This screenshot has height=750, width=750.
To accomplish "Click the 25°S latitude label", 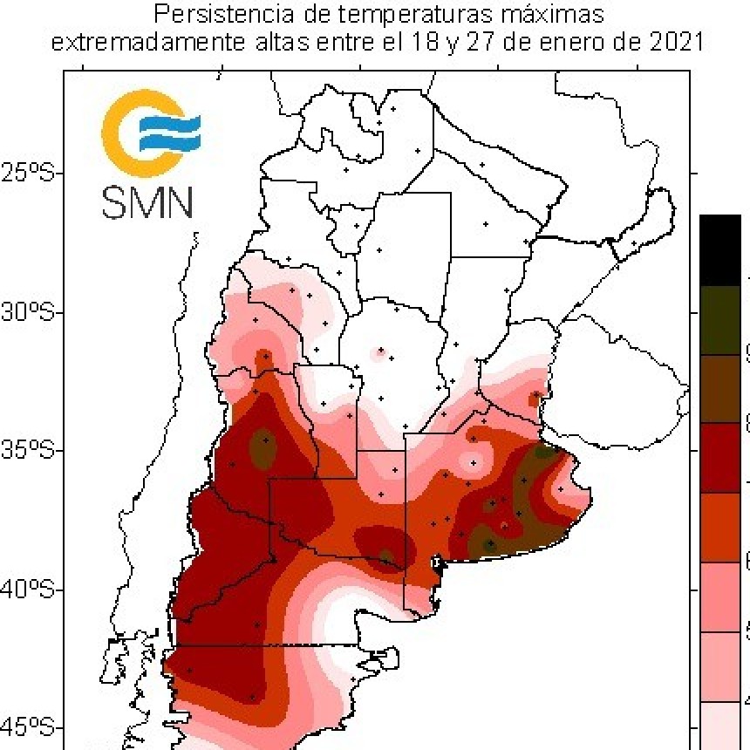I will tap(29, 173).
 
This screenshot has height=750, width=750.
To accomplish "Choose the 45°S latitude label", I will tap(29, 726).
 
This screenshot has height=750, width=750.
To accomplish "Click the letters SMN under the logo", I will tap(147, 201).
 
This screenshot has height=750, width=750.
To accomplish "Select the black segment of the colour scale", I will tap(720, 249).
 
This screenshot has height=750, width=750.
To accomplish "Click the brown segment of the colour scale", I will tap(720, 389).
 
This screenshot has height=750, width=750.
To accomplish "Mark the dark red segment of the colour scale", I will tap(720, 458).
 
